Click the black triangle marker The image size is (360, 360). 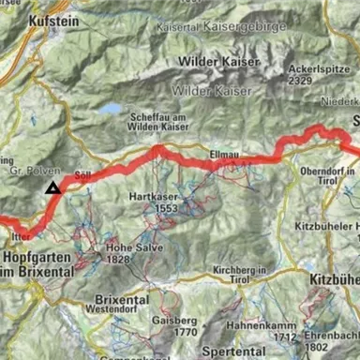click(x=53, y=187)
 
